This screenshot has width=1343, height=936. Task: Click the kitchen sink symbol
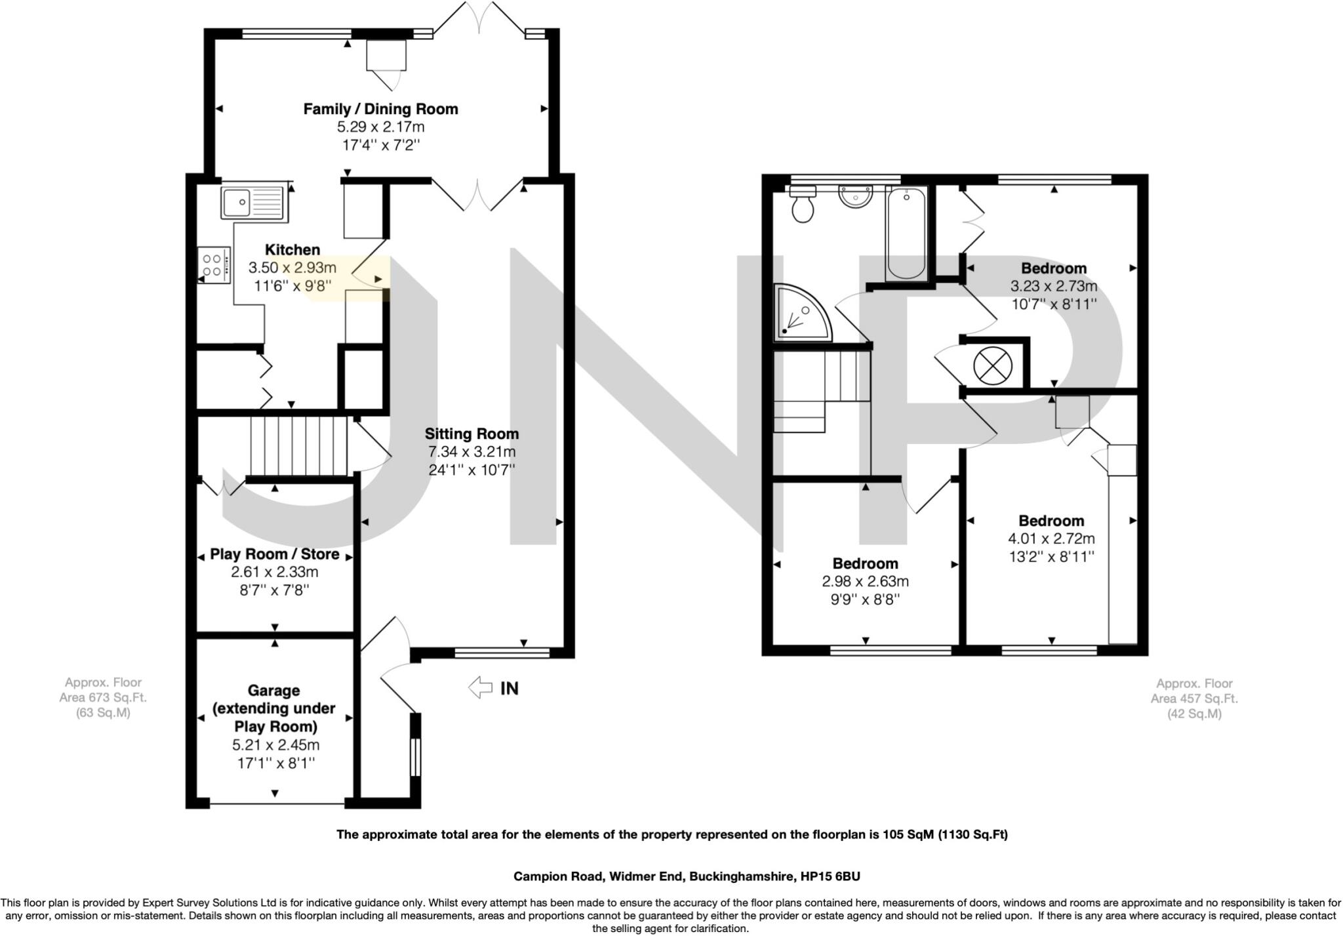(253, 202)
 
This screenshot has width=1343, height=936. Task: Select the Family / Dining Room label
(380, 109)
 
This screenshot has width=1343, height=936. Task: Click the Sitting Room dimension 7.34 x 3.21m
(471, 452)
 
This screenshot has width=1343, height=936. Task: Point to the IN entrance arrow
(480, 687)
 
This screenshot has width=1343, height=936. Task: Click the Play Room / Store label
(275, 554)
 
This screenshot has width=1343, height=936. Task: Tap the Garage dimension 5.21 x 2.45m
(275, 745)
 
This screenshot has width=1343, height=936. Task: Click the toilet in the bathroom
(803, 203)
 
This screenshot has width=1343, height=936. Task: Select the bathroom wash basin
(856, 196)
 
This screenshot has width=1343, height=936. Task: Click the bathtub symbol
(906, 234)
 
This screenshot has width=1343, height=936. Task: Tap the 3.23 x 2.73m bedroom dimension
(1054, 287)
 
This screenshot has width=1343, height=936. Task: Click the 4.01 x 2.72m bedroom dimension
(1051, 539)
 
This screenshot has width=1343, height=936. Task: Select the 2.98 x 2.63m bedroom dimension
(866, 582)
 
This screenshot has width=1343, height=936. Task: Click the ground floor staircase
(298, 446)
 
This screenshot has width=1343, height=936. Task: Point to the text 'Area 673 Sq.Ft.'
(103, 697)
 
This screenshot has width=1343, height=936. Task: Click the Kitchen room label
(292, 250)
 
